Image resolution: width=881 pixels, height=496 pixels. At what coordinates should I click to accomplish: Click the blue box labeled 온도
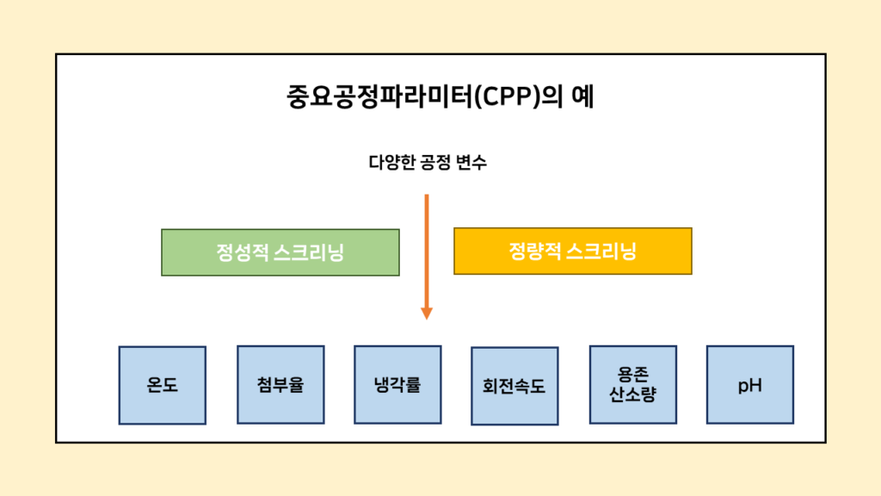coord(162,385)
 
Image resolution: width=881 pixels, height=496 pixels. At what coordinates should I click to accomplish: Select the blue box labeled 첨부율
coord(280,384)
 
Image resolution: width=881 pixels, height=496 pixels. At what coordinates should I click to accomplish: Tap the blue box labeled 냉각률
coord(397,384)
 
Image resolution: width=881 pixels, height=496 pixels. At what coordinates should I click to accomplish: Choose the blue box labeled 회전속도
coord(514,386)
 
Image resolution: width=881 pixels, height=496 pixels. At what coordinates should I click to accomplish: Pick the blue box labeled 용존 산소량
coord(632,385)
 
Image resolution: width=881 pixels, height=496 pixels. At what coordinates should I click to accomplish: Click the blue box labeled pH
coord(749,384)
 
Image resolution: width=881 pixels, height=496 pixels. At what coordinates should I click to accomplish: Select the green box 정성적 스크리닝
coord(280,252)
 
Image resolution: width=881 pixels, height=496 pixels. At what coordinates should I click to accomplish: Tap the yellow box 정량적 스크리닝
coord(572,251)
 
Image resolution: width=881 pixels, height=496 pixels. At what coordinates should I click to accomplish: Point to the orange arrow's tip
coord(427,316)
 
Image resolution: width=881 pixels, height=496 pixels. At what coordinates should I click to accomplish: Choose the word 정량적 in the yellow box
coord(533,251)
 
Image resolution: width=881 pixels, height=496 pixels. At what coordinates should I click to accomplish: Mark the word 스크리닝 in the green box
coord(309,252)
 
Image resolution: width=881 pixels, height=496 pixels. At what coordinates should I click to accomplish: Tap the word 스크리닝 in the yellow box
coord(601,251)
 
